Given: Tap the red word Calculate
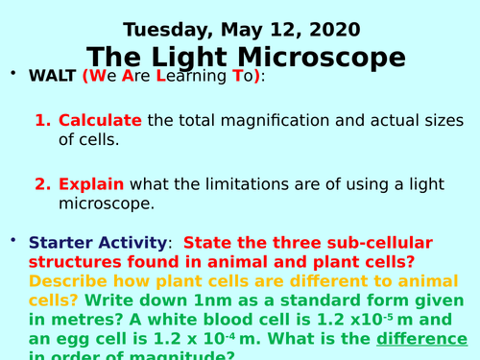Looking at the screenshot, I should (x=100, y=121).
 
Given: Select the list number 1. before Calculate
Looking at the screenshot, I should (x=43, y=121).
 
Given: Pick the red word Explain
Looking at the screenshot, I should (x=90, y=183).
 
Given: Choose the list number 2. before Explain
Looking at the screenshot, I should (x=43, y=183).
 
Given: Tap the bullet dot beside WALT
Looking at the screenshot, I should (x=13, y=72).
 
